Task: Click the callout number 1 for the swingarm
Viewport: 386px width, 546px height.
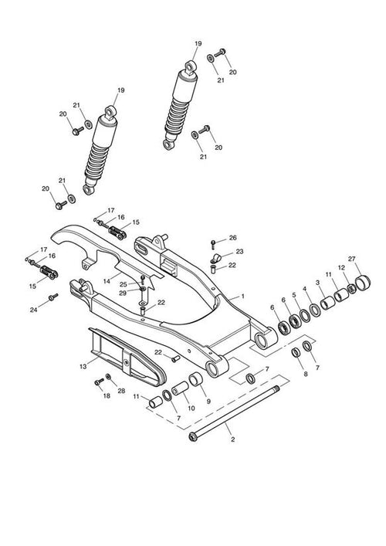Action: click(x=242, y=297)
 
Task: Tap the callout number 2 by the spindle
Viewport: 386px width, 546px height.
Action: click(x=233, y=439)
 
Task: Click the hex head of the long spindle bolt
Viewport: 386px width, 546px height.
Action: click(x=193, y=437)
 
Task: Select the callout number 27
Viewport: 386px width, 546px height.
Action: click(x=352, y=259)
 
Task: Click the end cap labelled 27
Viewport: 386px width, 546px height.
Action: click(x=363, y=282)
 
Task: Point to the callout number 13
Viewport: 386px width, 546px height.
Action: click(x=83, y=367)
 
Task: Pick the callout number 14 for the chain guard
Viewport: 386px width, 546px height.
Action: click(x=107, y=280)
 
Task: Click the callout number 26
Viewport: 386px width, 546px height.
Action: click(x=233, y=238)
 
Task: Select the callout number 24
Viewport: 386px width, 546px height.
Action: click(x=33, y=310)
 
